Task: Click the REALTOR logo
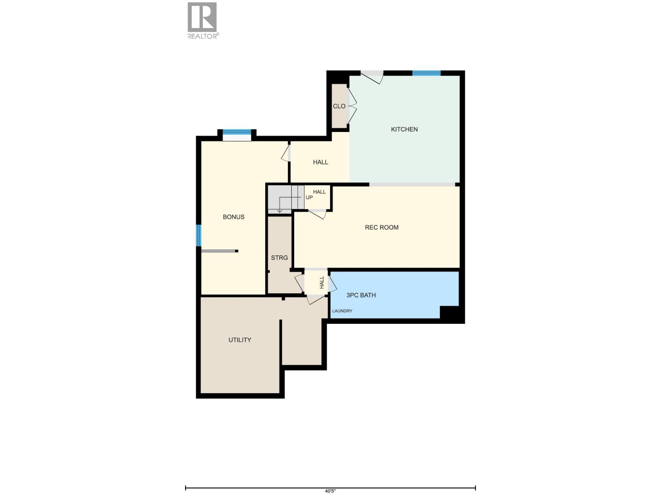tap(202, 21)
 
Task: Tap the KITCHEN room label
tap(404, 130)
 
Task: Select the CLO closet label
tap(339, 106)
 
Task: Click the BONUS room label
tap(233, 217)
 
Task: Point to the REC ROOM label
tap(381, 227)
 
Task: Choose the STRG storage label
tap(279, 258)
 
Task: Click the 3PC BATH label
tap(361, 295)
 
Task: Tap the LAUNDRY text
tap(342, 311)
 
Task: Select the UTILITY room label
tap(240, 340)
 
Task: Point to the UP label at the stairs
tap(309, 198)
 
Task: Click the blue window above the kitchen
tap(426, 73)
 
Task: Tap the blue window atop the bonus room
tap(237, 132)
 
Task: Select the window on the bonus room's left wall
tap(198, 235)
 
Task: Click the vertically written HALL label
tap(322, 282)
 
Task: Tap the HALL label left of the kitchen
tap(320, 163)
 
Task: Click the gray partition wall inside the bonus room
tap(219, 251)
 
